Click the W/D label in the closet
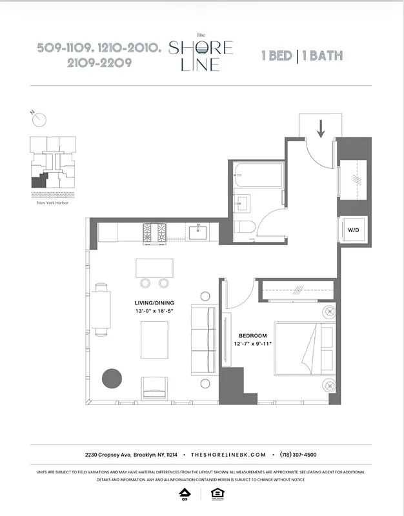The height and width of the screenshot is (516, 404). click(354, 230)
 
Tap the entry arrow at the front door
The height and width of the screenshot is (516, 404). click(321, 128)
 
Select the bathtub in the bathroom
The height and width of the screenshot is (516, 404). click(258, 175)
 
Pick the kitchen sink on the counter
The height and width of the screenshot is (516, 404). click(196, 230)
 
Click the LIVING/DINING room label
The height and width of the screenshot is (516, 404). click(153, 303)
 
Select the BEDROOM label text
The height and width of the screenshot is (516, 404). click(253, 335)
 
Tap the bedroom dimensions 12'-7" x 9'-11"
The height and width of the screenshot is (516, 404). click(253, 344)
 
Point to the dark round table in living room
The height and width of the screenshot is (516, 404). click(112, 377)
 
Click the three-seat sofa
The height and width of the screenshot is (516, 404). click(203, 339)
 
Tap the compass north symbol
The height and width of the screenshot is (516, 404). click(40, 119)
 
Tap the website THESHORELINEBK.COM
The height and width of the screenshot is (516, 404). click(228, 454)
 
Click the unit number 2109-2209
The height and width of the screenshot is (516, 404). click(94, 63)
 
